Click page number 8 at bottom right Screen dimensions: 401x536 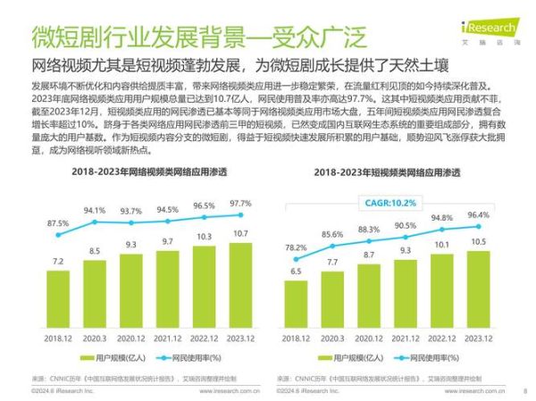click(523, 390)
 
